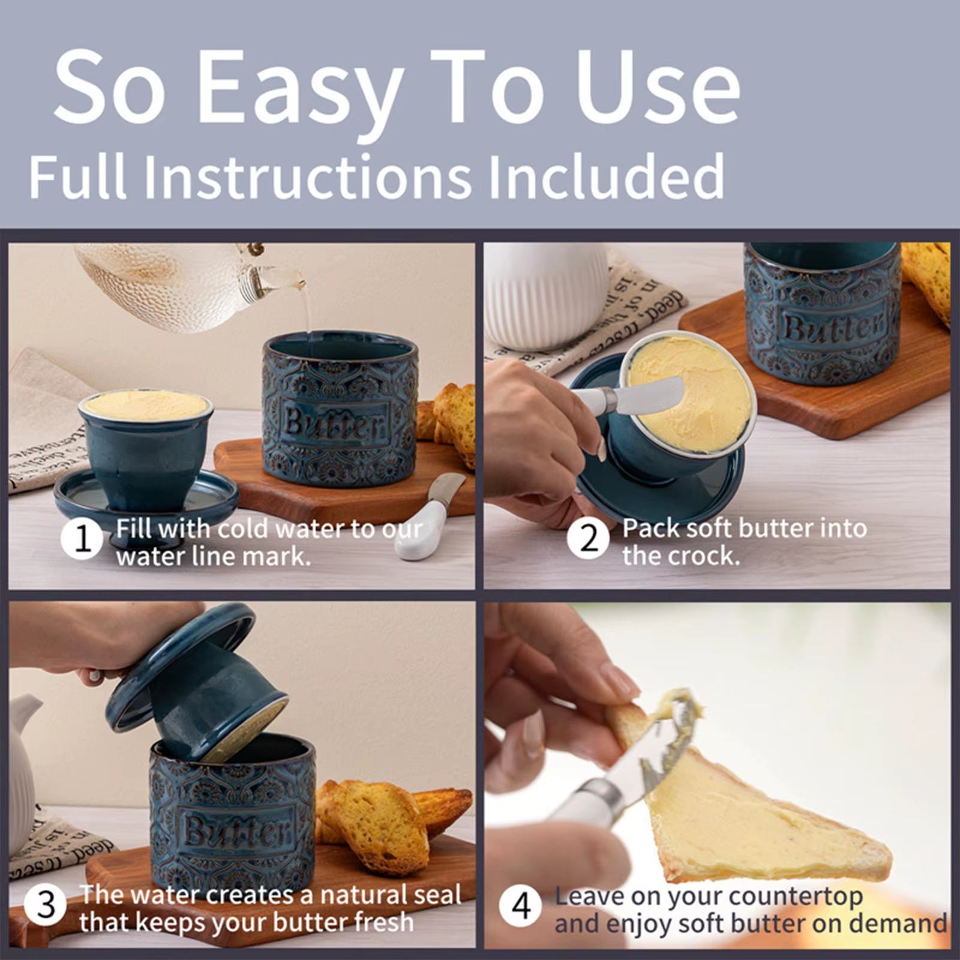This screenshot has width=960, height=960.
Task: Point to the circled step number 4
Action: tap(520, 906)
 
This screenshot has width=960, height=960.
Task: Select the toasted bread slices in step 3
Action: tap(384, 825)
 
